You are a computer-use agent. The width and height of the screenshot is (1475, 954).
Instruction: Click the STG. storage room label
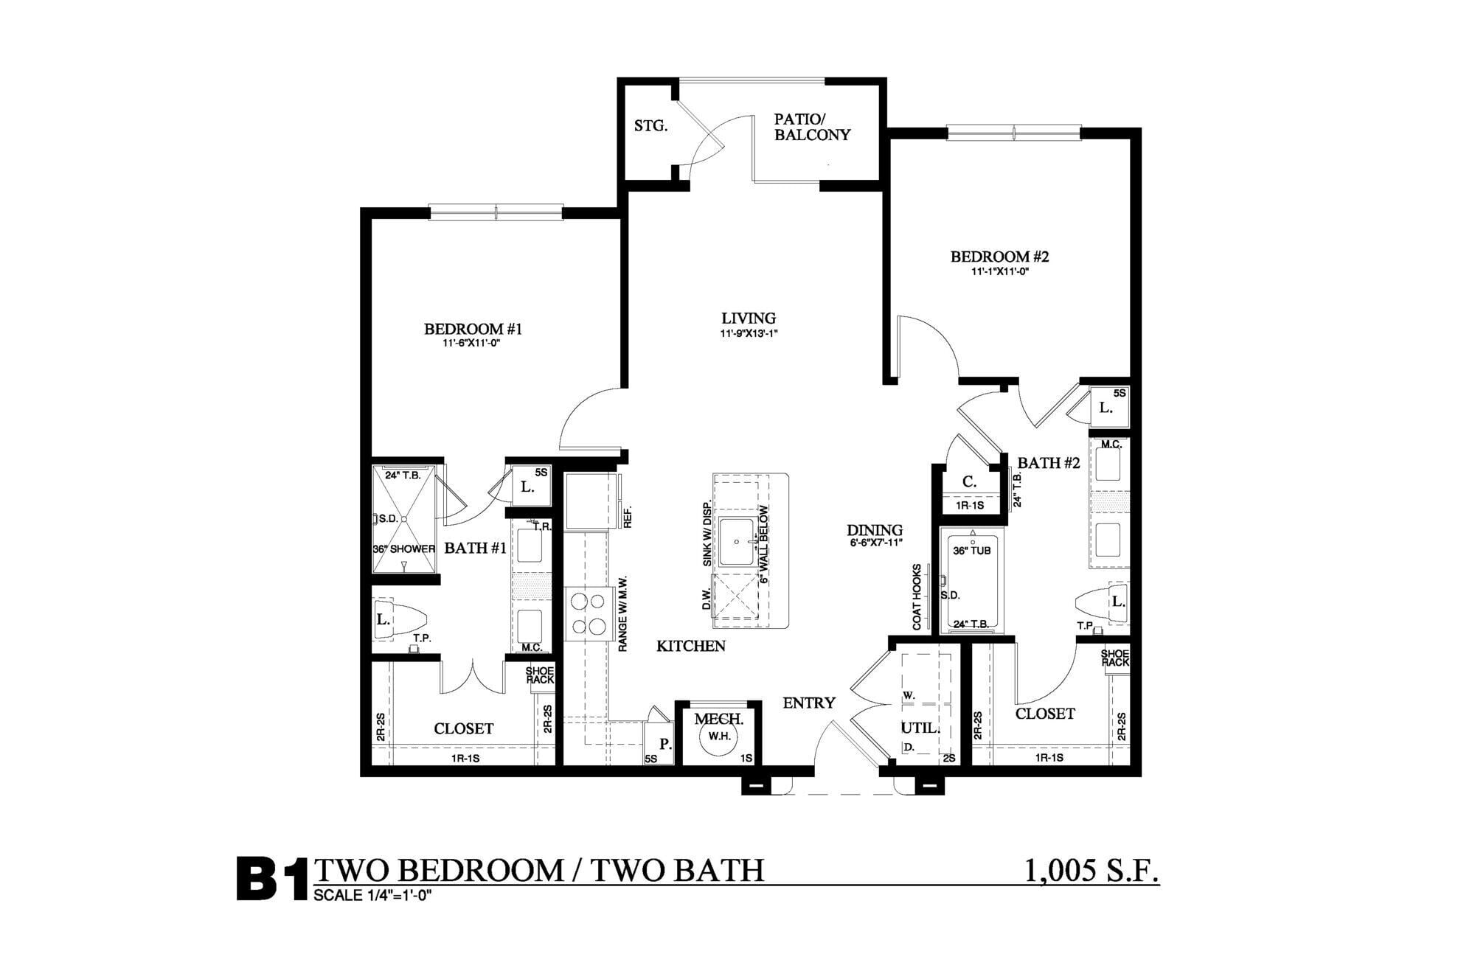pyautogui.click(x=651, y=126)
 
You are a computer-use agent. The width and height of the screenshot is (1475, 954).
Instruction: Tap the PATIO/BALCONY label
pyautogui.click(x=812, y=127)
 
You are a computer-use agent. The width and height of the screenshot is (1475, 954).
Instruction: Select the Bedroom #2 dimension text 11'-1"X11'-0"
pyautogui.click(x=999, y=271)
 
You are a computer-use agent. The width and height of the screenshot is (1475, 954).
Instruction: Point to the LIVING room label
pyautogui.click(x=749, y=318)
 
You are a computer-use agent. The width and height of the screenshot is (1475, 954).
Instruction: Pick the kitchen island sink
pyautogui.click(x=737, y=542)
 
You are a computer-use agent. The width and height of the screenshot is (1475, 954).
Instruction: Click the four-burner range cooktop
pyautogui.click(x=587, y=613)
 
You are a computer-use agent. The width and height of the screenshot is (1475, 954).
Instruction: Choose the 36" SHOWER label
pyautogui.click(x=404, y=549)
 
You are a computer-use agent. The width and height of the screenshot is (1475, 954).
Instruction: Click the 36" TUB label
pyautogui.click(x=972, y=551)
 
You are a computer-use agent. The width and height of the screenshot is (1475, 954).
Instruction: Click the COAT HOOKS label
pyautogui.click(x=917, y=597)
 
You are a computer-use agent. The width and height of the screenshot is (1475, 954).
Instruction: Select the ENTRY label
pyautogui.click(x=809, y=703)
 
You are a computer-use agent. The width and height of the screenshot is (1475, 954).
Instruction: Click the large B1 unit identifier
pyautogui.click(x=271, y=878)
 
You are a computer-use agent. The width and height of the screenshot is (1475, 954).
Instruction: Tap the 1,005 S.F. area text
pyautogui.click(x=1092, y=870)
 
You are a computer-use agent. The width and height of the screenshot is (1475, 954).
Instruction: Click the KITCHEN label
pyautogui.click(x=691, y=646)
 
